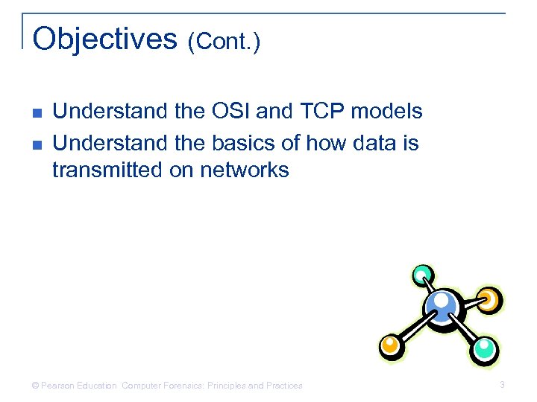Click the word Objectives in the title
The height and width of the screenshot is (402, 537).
(x=105, y=39)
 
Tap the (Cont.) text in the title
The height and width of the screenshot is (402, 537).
(x=224, y=42)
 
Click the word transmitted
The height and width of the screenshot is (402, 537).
(x=105, y=170)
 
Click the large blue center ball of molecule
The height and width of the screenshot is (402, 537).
(x=442, y=304)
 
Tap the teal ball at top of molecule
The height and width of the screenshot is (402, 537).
(x=422, y=274)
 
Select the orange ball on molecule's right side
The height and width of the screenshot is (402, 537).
(x=488, y=299)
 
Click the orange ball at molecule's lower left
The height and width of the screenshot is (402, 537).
(x=390, y=344)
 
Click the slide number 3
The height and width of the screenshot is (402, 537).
(x=502, y=385)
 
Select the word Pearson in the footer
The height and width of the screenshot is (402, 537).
(x=58, y=386)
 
